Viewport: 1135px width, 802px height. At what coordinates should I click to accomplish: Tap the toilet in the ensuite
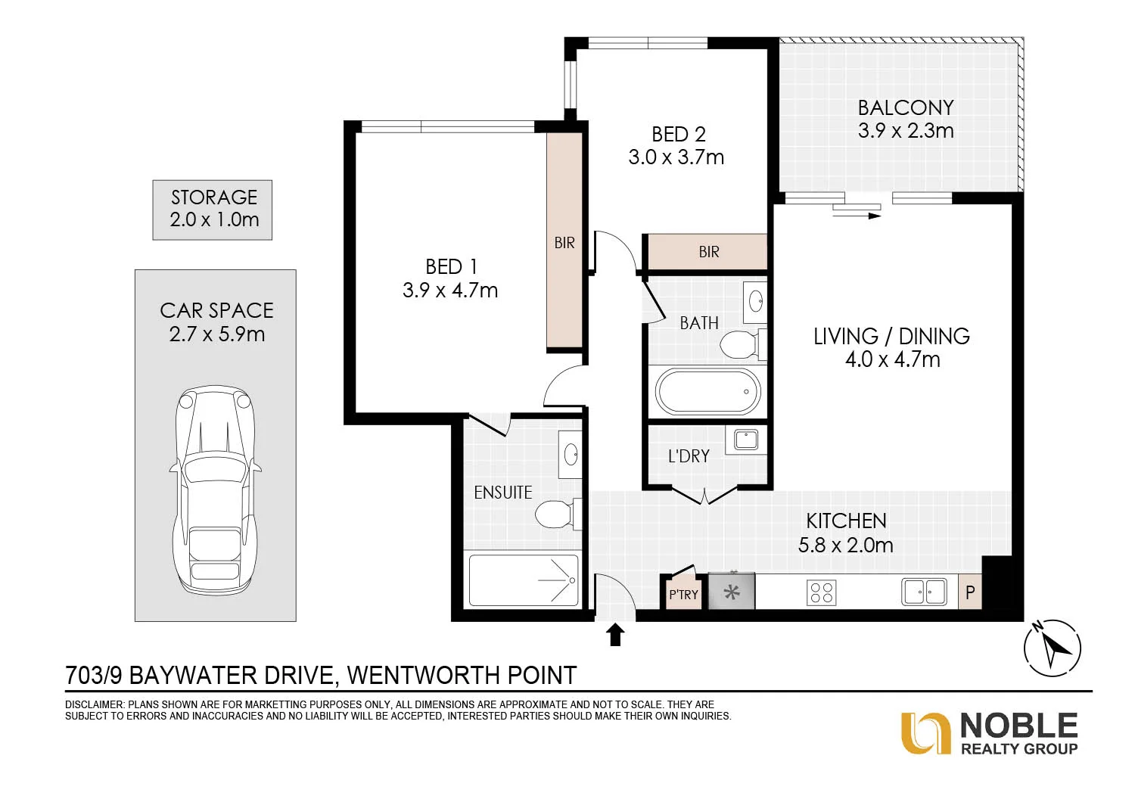point(558,514)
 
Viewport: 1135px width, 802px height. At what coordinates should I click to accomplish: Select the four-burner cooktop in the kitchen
point(821,592)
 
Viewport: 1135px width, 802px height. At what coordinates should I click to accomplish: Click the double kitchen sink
point(924,592)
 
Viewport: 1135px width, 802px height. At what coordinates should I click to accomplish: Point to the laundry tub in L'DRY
point(746,440)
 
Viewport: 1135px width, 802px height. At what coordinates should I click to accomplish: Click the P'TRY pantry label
point(683,594)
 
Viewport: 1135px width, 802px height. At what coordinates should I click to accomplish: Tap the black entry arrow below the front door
point(615,635)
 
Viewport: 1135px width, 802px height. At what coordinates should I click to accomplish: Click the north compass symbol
point(1052,648)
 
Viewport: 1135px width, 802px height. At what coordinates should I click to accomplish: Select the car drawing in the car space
point(216,490)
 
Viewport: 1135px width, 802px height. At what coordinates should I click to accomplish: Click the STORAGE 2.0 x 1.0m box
point(213,210)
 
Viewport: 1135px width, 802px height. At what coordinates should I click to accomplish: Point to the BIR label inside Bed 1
point(564,243)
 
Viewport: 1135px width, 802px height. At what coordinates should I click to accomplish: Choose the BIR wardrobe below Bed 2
point(707,252)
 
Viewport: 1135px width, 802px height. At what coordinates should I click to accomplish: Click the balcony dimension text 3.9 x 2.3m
point(906,131)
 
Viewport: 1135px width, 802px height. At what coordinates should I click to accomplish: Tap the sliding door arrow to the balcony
point(857,216)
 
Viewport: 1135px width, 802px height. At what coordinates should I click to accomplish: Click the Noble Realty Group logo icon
point(925,733)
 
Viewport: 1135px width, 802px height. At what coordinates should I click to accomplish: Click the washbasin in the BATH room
point(755,303)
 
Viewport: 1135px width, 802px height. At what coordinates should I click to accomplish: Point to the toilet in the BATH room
point(743,344)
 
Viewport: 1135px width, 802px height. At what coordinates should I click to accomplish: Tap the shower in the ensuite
point(524,580)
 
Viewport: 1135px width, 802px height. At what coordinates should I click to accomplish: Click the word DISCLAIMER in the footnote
point(95,704)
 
